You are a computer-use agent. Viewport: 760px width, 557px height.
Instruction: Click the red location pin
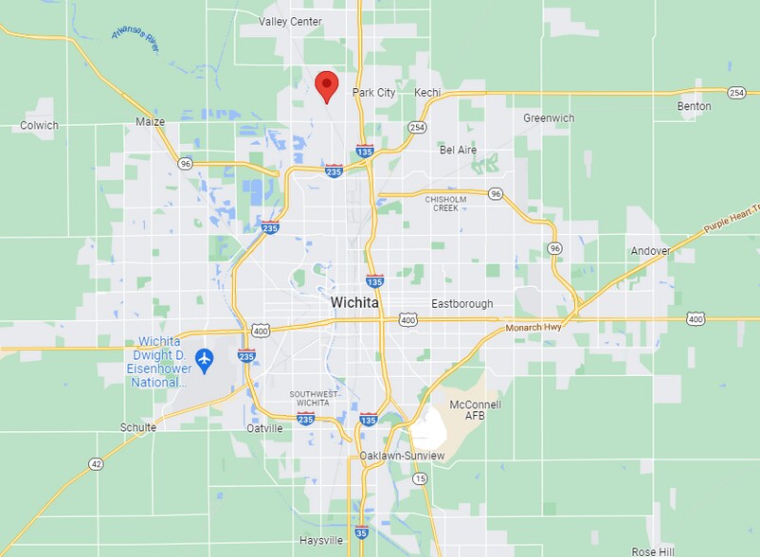coord(327,84)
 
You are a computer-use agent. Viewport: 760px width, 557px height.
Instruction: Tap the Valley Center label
coord(290,22)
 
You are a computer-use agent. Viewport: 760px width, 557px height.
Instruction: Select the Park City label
coord(373,93)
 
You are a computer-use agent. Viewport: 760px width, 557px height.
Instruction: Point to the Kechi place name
coord(429,93)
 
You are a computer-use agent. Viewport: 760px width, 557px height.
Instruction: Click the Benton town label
coord(694,106)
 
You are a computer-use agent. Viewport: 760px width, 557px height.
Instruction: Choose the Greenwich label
coord(549,118)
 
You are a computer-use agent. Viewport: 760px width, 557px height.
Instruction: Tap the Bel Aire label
coord(458,150)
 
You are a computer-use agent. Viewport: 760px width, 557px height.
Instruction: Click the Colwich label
coord(39,125)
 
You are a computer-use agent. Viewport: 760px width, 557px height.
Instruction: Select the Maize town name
coord(150,122)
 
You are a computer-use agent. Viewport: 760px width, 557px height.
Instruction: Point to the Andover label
coord(650,251)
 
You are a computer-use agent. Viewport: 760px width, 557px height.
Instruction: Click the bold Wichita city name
coord(355,303)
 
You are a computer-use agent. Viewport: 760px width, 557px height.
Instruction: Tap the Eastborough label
coord(462,304)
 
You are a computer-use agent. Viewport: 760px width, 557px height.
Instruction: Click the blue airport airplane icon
coord(203,359)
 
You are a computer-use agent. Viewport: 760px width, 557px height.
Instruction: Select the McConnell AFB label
coord(475,411)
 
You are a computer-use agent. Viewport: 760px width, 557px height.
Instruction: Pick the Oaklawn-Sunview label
coord(402,456)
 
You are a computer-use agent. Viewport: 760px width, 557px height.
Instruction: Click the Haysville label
coord(321,541)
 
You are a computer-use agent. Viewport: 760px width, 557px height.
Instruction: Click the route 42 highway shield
coord(96,463)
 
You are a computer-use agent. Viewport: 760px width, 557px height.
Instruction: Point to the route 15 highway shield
coord(420,479)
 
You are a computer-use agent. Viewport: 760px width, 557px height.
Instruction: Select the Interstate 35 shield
coord(361,533)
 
